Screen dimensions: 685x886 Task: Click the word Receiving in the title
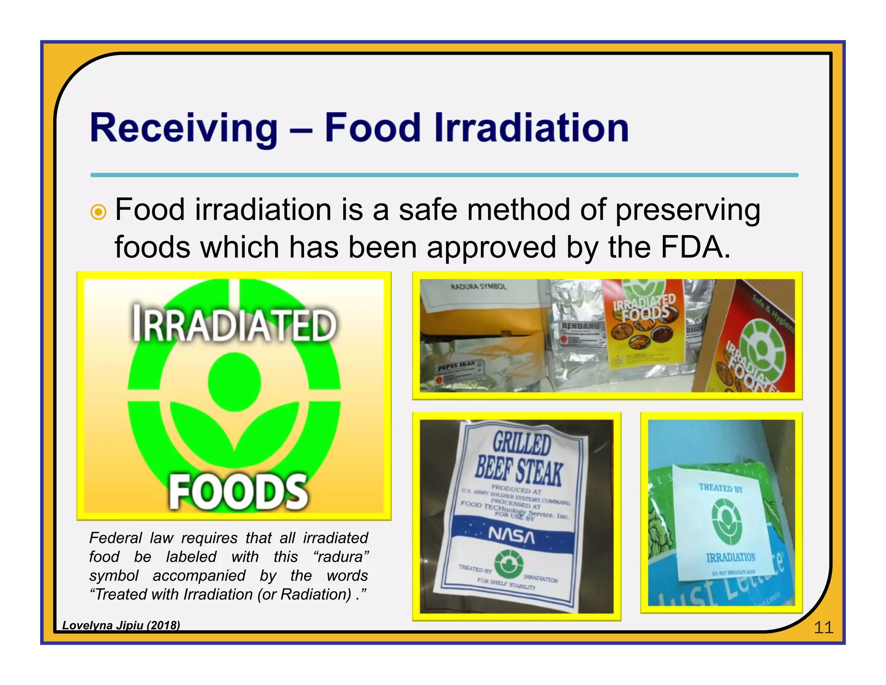(183, 128)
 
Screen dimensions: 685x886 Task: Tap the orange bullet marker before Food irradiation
(99, 212)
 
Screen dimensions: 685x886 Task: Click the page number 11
(823, 627)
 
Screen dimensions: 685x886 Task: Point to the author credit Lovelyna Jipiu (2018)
(121, 625)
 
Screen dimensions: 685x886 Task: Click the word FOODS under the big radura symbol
(238, 492)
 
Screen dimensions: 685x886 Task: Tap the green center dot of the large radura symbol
(234, 381)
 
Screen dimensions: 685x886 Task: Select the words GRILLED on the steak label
(522, 444)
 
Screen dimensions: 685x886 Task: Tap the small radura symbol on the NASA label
(509, 564)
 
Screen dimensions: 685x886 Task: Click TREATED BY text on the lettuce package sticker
(720, 488)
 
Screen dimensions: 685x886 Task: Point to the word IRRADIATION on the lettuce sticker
(731, 557)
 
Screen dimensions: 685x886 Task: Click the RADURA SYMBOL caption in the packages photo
(478, 287)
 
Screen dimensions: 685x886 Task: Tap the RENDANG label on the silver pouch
(581, 326)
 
